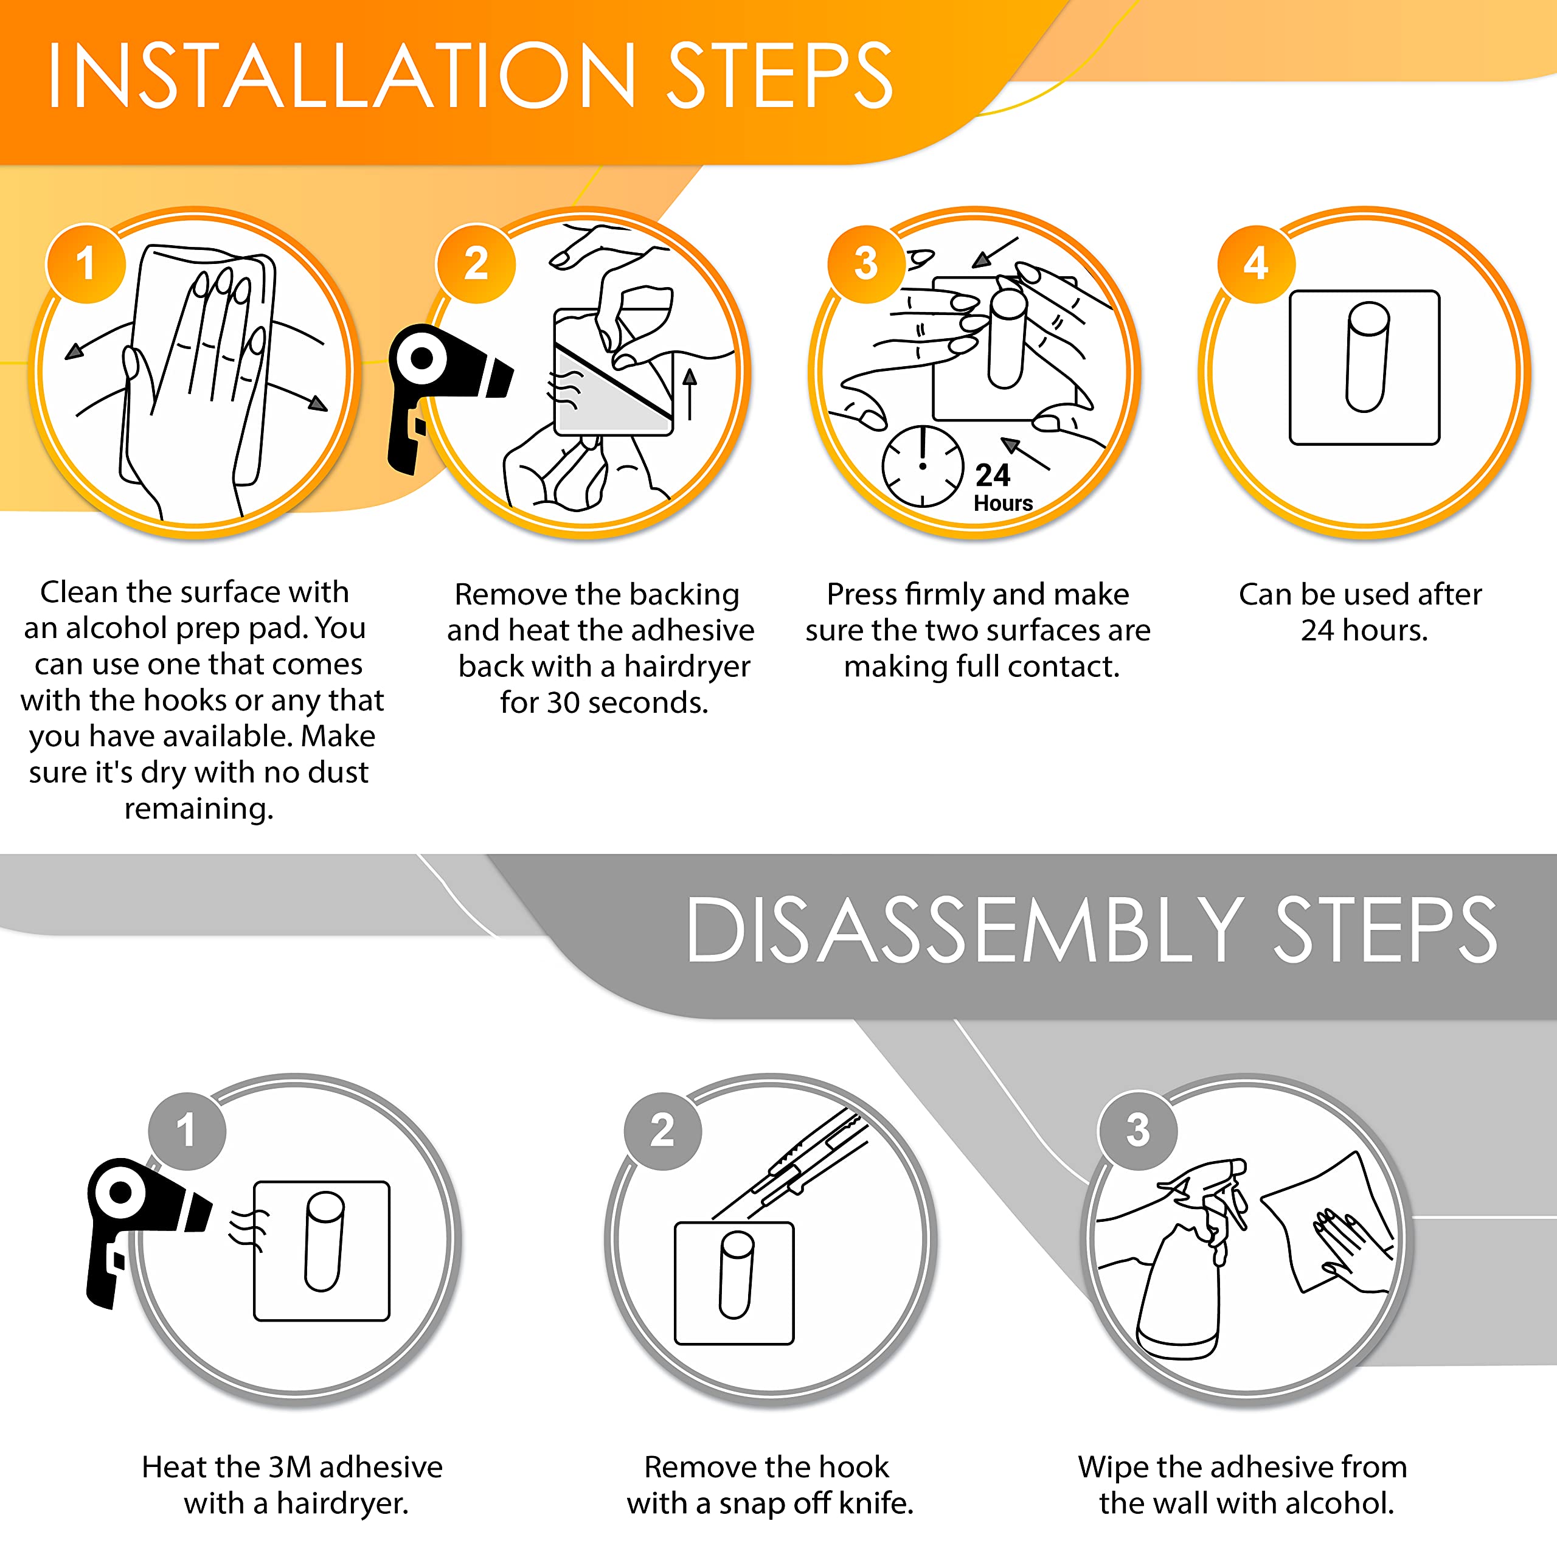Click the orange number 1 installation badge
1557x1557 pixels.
coord(86,263)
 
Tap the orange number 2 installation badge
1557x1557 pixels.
coord(476,263)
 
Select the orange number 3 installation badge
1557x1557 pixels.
coord(866,263)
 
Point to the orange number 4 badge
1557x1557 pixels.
coord(1255,263)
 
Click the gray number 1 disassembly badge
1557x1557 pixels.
coord(187,1130)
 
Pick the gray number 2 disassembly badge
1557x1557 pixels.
coord(662,1130)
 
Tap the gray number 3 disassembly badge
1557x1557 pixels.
coord(1138,1130)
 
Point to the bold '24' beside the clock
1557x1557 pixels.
coord(992,476)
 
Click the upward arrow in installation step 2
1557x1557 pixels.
coord(690,394)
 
